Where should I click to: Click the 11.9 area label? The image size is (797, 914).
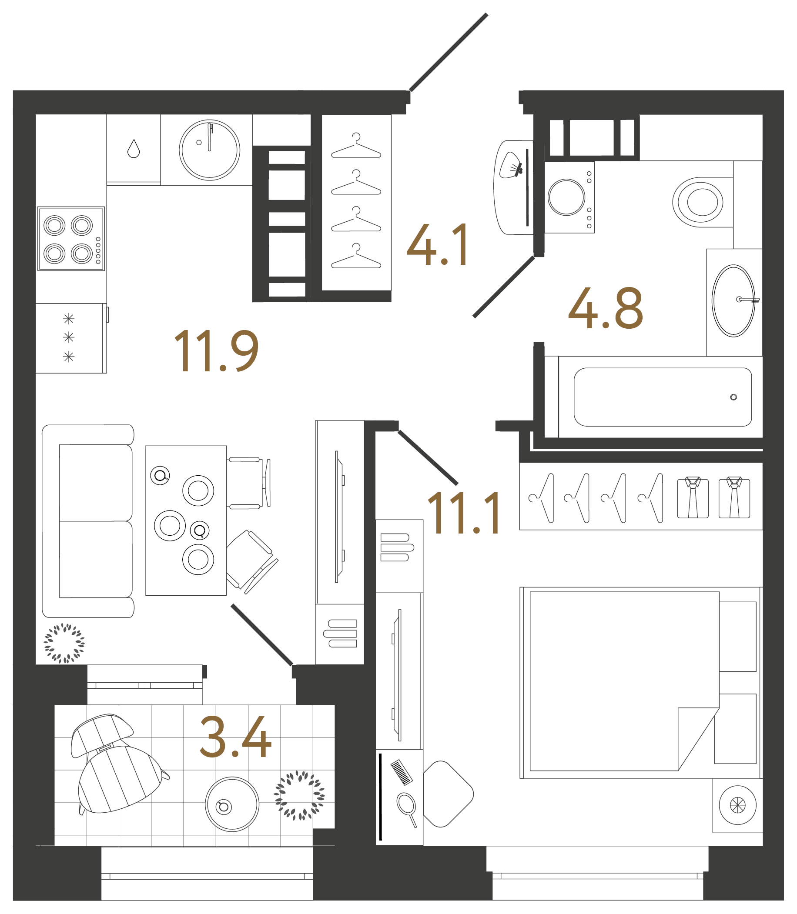(216, 351)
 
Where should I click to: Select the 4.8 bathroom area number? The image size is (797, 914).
(605, 309)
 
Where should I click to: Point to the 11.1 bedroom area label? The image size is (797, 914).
(464, 513)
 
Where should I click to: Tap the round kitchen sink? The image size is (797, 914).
(210, 150)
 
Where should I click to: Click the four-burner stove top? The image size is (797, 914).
(71, 239)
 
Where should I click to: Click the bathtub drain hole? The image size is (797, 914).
(733, 397)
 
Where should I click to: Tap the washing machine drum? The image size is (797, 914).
(566, 197)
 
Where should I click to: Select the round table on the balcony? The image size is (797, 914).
(232, 804)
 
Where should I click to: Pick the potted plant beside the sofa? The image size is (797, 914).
(64, 643)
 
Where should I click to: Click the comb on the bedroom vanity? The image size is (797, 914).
(401, 772)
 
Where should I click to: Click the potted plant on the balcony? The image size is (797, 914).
(299, 795)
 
